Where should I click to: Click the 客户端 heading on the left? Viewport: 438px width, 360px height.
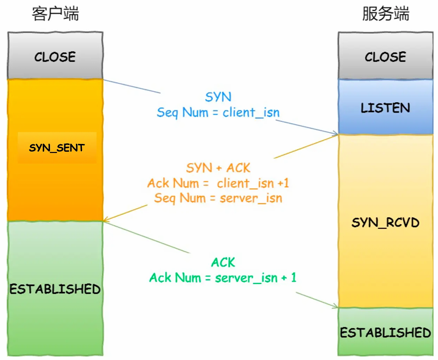click(55, 14)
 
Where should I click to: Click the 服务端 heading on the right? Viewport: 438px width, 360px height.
click(385, 14)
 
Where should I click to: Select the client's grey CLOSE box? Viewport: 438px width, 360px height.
click(55, 57)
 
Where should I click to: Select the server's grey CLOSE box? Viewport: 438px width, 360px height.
click(385, 57)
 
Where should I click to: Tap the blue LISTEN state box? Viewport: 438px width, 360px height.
click(385, 108)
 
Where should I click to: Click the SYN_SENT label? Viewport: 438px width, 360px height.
click(57, 148)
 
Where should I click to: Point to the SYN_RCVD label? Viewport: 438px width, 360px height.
click(385, 222)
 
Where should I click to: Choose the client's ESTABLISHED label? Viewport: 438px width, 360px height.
click(55, 288)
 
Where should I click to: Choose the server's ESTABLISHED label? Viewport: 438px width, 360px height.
click(385, 332)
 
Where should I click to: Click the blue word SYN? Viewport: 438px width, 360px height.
click(218, 97)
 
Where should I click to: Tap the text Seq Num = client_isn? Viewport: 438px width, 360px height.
click(218, 112)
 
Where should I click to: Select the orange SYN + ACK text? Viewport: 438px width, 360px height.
click(218, 168)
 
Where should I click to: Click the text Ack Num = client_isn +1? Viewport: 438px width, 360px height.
click(218, 183)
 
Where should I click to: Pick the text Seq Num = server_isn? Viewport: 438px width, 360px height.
click(218, 198)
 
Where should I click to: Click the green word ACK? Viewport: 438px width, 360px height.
click(223, 262)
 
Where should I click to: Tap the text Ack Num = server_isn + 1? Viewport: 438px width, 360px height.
click(223, 277)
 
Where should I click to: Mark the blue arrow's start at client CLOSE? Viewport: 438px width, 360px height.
click(104, 79)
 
